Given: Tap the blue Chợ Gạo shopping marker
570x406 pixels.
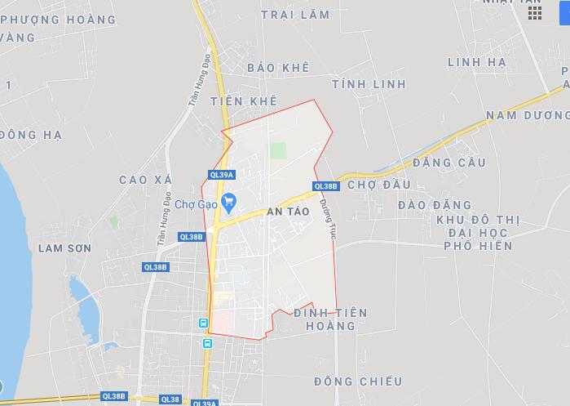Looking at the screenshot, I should [x=229, y=199].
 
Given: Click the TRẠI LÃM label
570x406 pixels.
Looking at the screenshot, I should [x=295, y=15].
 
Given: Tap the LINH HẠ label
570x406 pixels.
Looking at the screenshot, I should [x=477, y=62].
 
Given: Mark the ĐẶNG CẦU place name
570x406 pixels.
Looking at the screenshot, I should [x=448, y=163].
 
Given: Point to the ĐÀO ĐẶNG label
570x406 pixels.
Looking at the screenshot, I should [x=435, y=204].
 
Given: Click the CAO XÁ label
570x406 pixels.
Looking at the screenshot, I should [x=143, y=179].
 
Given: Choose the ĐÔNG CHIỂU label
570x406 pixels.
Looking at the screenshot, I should [x=358, y=381].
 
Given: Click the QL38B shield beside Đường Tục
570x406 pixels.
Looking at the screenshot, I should [x=325, y=186].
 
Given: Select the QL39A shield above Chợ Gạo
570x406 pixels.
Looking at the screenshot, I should [x=221, y=174].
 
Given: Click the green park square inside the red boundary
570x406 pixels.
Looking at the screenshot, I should [x=279, y=151].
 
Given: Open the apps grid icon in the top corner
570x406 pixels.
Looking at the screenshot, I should [x=535, y=12].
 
